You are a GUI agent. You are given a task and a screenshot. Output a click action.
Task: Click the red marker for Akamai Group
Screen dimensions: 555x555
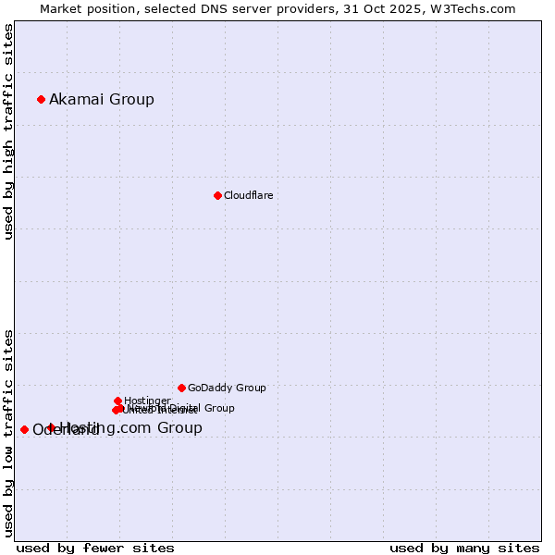(41, 99)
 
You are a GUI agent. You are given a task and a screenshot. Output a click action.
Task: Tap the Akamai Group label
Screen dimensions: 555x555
(102, 100)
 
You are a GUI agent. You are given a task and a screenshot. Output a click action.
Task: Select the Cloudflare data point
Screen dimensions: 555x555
(217, 195)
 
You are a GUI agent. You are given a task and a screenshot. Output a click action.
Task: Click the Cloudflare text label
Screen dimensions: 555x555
(249, 195)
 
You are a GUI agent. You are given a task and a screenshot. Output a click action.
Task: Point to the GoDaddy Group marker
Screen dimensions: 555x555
(181, 388)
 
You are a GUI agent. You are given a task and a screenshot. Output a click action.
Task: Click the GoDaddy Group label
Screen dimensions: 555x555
(227, 388)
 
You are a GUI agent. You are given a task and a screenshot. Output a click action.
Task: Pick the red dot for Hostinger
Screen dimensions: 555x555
(117, 401)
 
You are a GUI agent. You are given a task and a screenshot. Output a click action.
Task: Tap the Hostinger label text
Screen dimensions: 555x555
(147, 401)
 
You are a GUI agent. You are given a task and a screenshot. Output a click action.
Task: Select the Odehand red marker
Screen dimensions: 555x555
(24, 429)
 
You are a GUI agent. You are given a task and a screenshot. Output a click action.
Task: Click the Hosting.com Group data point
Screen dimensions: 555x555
(51, 427)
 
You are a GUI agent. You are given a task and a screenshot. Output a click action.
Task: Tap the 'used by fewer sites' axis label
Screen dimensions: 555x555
(95, 548)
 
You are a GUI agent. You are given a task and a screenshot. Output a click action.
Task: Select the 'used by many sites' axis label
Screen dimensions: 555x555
(464, 548)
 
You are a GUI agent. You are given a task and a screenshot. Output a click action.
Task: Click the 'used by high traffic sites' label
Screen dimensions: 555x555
(8, 131)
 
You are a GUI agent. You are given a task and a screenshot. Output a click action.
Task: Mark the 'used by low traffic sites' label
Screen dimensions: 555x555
(8, 433)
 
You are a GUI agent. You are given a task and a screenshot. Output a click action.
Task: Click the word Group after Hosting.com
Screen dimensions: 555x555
(179, 427)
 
